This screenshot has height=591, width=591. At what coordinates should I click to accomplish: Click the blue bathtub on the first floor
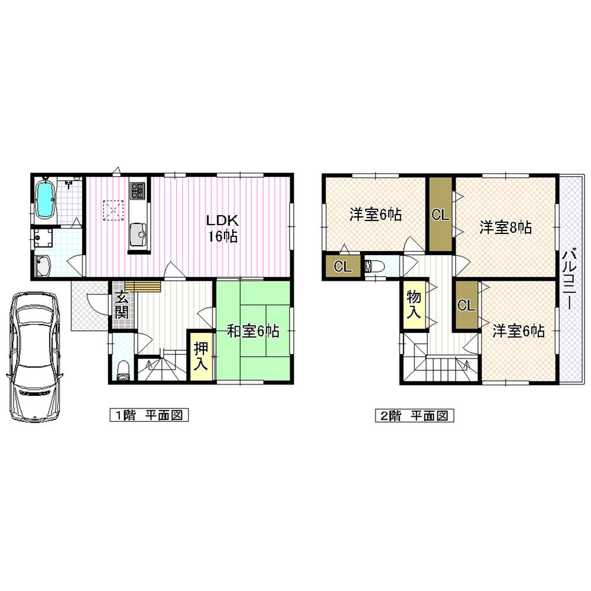[x=46, y=199]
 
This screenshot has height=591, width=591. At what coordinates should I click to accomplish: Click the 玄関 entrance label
[x=122, y=305]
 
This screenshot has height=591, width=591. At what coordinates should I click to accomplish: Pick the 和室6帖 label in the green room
[x=253, y=332]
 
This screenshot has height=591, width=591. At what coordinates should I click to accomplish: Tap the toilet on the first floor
[x=122, y=369]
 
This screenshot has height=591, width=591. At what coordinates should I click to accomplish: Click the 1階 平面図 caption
[x=148, y=415]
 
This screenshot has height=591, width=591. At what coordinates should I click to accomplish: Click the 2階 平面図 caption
[x=413, y=415]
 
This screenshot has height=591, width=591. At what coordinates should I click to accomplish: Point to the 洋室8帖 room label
[x=505, y=228]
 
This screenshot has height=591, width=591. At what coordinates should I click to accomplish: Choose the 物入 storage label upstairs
[x=413, y=305]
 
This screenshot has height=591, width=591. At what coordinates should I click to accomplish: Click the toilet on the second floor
[x=375, y=267]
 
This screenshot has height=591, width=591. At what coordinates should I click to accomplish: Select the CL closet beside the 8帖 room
[x=440, y=215]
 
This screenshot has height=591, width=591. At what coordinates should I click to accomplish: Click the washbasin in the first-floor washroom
[x=44, y=267]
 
